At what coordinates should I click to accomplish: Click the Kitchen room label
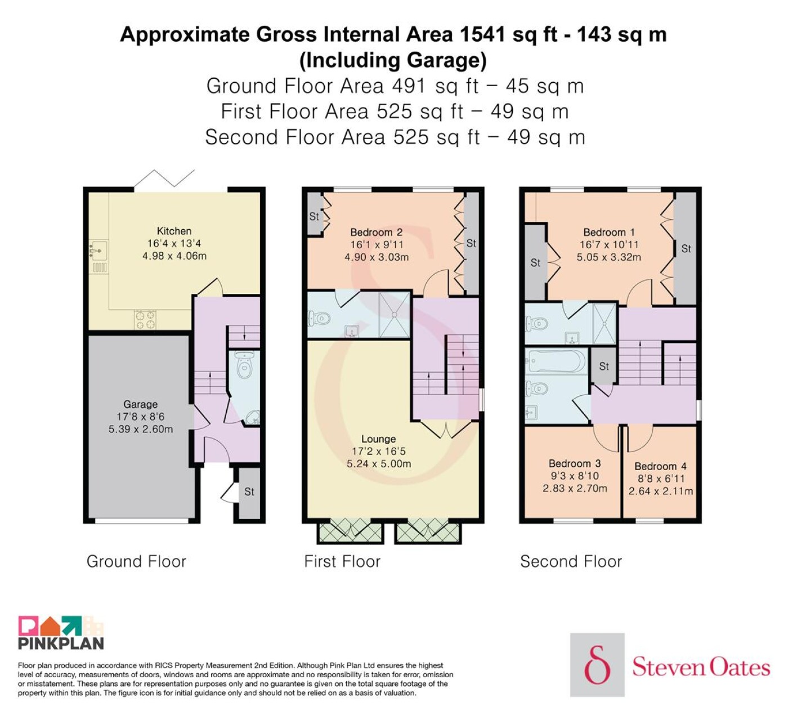tap(174, 231)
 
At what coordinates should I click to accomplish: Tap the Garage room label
tap(140, 404)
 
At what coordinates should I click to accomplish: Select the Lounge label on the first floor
tap(378, 439)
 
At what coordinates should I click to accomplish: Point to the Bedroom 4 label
tap(660, 466)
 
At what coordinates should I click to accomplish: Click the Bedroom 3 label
tap(575, 463)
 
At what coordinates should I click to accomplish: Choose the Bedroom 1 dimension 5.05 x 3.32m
tap(608, 257)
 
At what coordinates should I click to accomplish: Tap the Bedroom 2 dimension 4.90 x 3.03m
tap(377, 257)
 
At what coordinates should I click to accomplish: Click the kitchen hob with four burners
tap(145, 320)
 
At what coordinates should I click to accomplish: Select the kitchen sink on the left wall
tap(98, 250)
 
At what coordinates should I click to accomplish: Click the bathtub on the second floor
tap(556, 361)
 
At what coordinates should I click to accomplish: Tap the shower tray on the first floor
tap(394, 315)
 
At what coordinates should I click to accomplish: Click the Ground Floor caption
tap(136, 561)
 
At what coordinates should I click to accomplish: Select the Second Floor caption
tap(571, 561)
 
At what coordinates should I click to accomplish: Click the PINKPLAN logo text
tap(61, 643)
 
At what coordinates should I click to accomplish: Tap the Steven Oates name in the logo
tap(701, 667)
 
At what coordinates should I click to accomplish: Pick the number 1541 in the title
tap(482, 34)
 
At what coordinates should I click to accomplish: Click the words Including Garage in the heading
tap(393, 60)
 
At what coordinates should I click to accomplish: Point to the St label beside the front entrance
tap(249, 491)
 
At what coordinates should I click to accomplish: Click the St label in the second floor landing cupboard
tap(604, 367)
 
